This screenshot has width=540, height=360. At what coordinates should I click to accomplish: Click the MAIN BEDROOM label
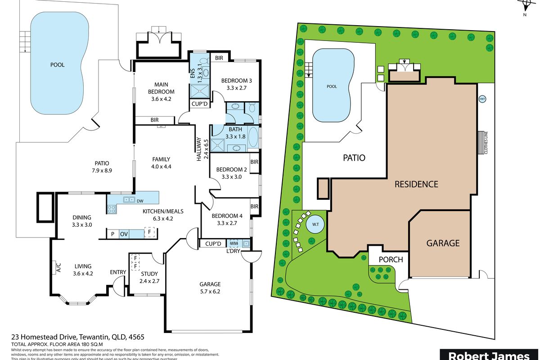(x=162, y=88)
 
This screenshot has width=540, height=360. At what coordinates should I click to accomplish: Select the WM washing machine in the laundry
(x=234, y=243)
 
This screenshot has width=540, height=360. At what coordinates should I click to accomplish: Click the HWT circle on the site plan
(x=482, y=99)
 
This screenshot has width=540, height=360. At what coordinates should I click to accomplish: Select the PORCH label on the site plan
(x=390, y=260)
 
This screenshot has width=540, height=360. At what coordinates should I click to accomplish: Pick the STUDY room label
(x=149, y=274)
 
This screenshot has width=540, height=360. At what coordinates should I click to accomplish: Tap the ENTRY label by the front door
(x=118, y=272)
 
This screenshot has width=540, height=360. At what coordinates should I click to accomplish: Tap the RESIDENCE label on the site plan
(x=416, y=184)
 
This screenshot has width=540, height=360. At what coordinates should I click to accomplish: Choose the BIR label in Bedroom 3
(x=219, y=58)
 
